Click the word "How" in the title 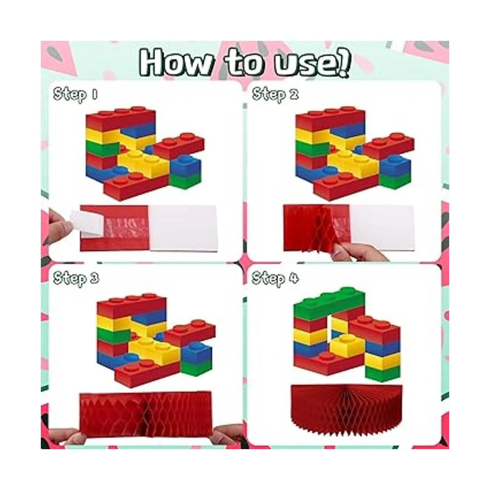(x=174, y=63)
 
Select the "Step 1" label (x=75, y=95)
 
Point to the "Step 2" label (x=275, y=95)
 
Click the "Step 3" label (x=76, y=278)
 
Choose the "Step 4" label (x=275, y=278)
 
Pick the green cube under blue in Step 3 (x=196, y=370)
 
